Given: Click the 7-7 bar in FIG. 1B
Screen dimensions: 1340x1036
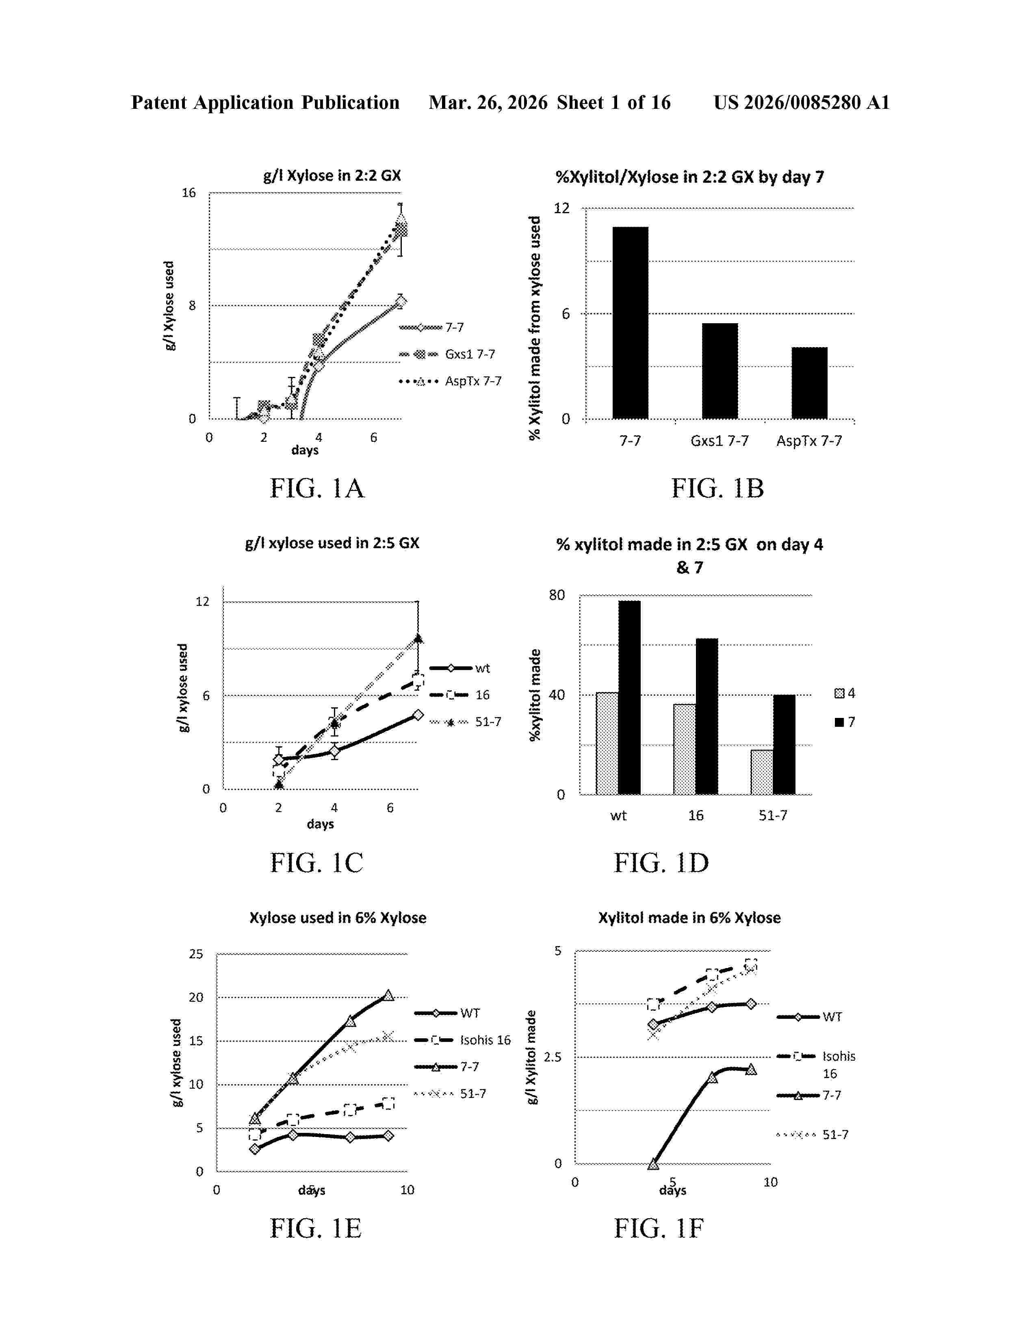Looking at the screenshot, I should (x=630, y=323).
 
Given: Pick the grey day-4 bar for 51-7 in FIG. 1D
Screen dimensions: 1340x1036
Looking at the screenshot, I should (x=762, y=772).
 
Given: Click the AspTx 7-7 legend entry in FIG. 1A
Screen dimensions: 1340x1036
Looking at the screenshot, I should (x=450, y=381).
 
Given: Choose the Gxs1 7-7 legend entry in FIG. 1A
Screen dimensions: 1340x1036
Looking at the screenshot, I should (x=447, y=354).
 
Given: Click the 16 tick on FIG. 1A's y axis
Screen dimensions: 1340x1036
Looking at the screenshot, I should (x=189, y=193).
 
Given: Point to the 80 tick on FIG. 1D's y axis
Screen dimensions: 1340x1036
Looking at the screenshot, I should (x=557, y=595).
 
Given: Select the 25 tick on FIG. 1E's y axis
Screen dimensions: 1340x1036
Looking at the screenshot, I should (x=196, y=954).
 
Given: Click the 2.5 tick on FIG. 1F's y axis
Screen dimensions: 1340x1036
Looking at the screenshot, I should (x=553, y=1057).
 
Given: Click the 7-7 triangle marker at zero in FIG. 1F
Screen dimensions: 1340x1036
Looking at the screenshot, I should (x=653, y=1163).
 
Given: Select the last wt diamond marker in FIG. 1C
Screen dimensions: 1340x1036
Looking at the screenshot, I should (x=418, y=715).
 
